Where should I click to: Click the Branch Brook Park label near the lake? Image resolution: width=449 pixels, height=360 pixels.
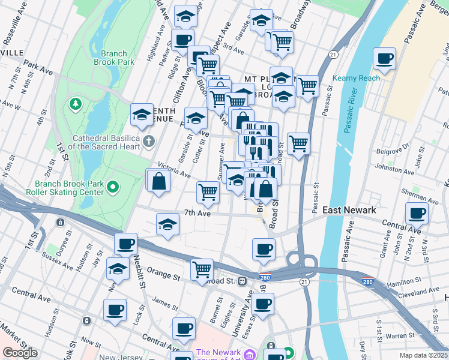pos(114,56)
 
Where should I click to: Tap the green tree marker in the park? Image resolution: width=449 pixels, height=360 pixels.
pos(76,104)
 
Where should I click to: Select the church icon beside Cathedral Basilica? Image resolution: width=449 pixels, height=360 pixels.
pos(149,142)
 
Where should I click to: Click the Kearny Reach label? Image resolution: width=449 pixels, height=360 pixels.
pos(357,79)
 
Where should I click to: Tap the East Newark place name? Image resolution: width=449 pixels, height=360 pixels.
pos(349,210)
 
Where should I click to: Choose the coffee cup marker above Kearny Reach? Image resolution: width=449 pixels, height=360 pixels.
pos(384,59)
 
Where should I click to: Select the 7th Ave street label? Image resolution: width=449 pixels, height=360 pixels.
pos(197,213)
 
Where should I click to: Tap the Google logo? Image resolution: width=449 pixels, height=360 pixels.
pos(20,353)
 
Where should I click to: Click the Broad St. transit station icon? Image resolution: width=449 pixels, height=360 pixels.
pos(242,281)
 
